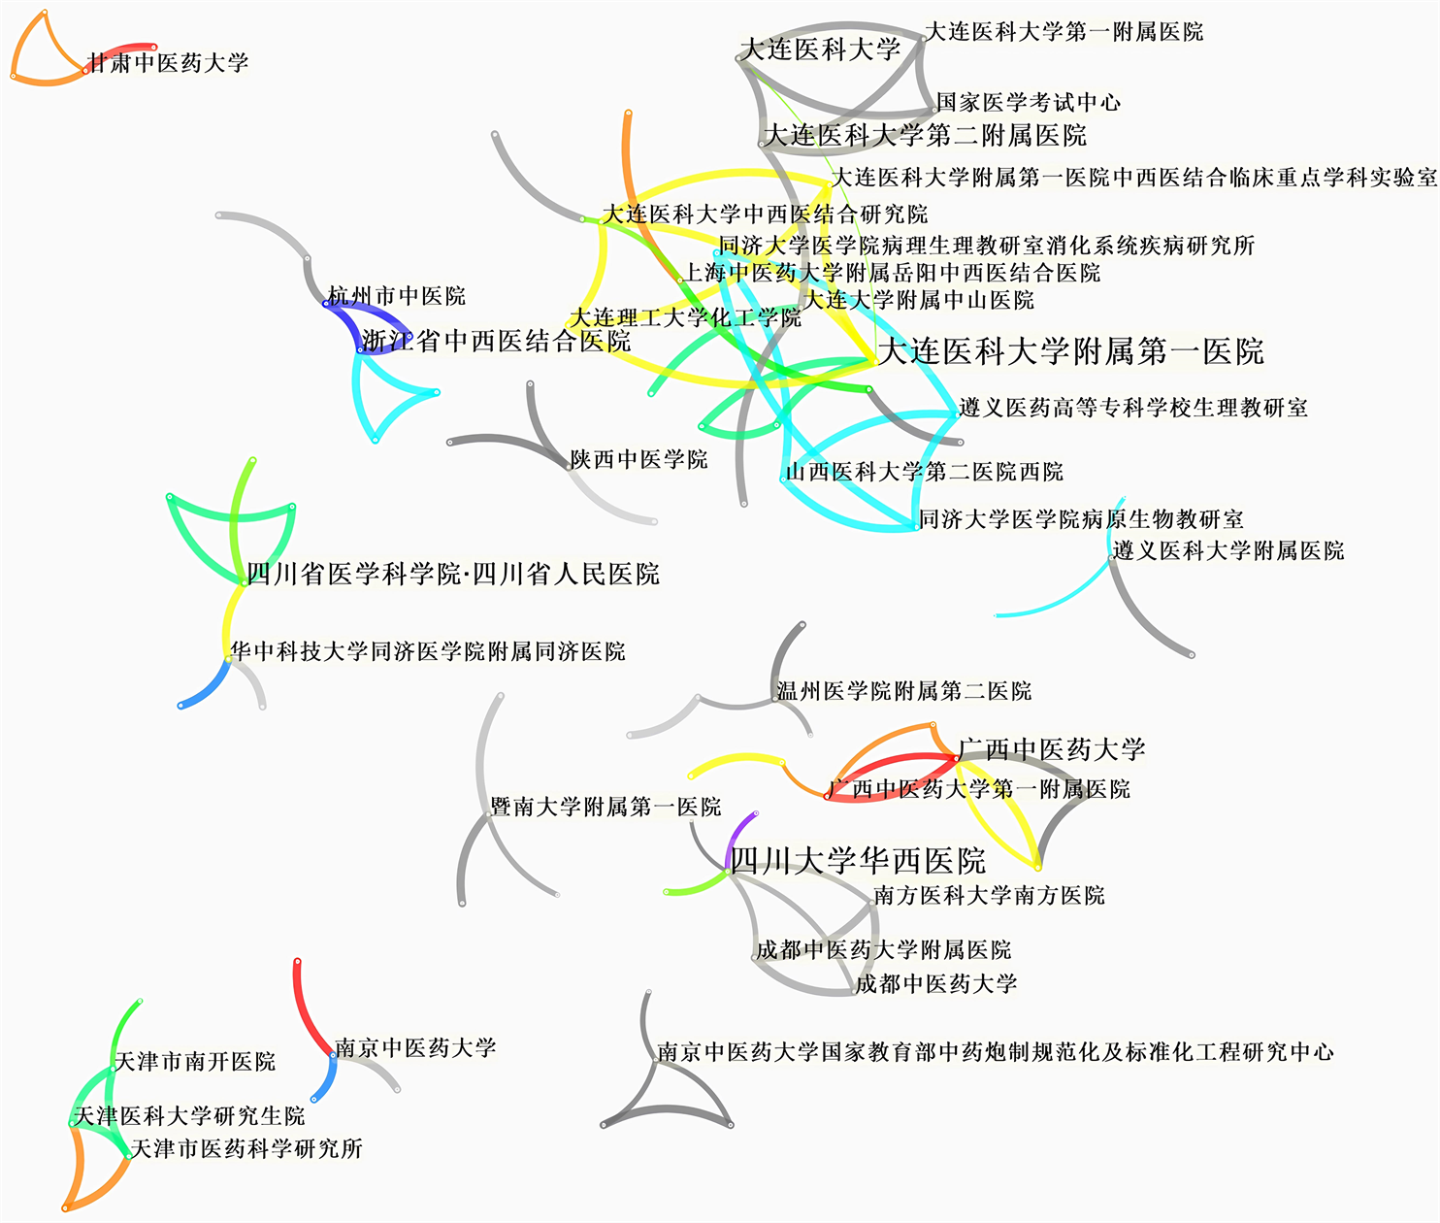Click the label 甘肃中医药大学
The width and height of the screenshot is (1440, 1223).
[168, 64]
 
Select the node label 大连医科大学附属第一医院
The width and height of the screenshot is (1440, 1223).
[1070, 351]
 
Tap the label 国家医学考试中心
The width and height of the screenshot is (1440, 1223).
[1029, 102]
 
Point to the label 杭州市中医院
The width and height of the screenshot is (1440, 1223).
[397, 296]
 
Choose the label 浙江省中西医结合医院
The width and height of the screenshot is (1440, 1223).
[496, 341]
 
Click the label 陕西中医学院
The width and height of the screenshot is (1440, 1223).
[638, 459]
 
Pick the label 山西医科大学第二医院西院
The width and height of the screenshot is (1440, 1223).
[924, 472]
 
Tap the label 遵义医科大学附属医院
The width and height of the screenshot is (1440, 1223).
[1227, 551]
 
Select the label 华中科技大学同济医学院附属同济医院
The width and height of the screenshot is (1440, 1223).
[427, 651]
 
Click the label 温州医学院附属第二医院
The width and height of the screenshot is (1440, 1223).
[903, 691]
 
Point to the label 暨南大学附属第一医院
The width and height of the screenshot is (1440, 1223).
[605, 807]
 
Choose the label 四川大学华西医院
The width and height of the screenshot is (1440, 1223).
[857, 861]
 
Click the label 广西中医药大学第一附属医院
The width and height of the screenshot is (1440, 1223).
[979, 789]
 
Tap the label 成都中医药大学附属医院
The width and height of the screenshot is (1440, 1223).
[883, 949]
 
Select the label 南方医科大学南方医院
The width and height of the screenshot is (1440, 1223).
[989, 895]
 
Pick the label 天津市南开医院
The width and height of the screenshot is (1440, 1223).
[195, 1062]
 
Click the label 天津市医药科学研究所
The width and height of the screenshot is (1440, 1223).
[246, 1149]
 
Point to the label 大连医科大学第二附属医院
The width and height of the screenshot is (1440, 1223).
[925, 135]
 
